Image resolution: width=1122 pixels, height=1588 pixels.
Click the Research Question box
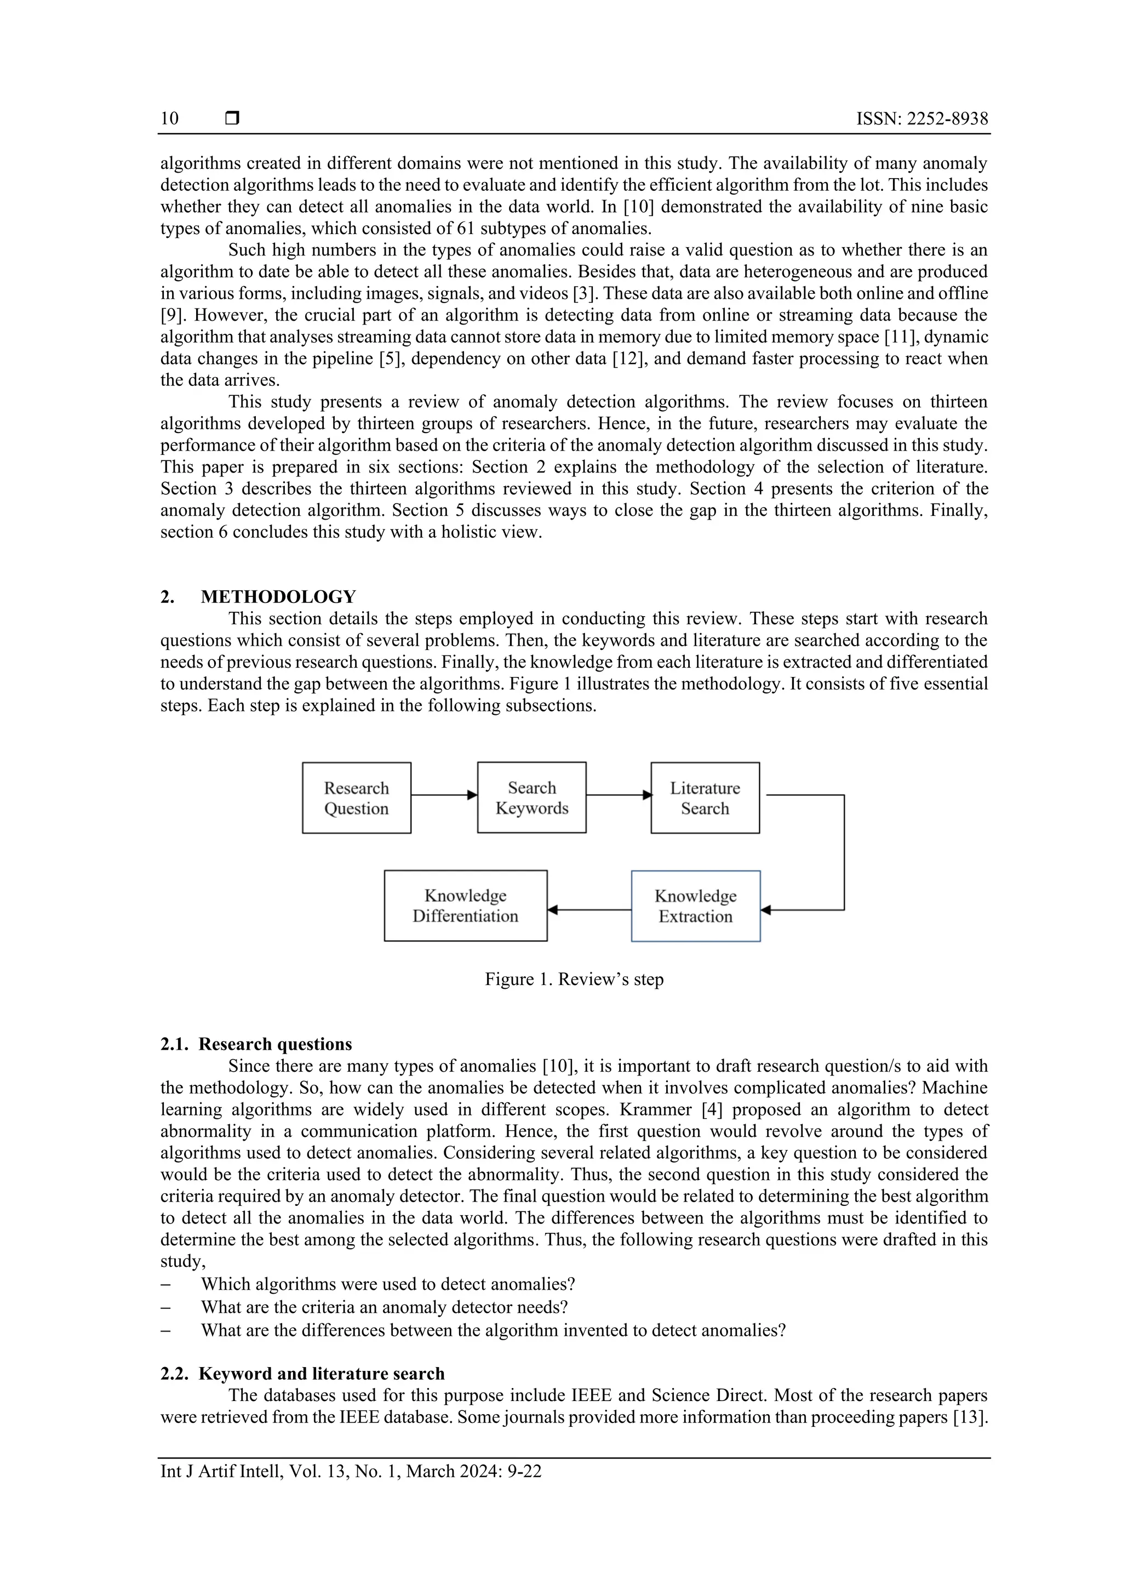pos(356,798)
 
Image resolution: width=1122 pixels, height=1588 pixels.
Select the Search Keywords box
pos(531,798)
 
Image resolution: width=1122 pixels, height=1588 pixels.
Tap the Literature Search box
pos(705,798)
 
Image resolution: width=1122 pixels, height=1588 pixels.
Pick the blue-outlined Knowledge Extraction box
pos(695,906)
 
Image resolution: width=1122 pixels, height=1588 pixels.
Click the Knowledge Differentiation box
pos(465,906)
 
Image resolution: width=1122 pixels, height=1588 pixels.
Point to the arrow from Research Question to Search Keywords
pos(444,795)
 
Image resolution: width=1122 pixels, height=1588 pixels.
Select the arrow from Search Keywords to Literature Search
pos(618,795)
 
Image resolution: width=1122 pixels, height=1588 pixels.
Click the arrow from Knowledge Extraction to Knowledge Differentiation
pos(589,910)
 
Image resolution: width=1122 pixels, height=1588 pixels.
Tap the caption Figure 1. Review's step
pos(574,980)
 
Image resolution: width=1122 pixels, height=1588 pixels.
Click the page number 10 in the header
pos(169,118)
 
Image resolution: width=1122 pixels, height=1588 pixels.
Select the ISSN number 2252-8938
pos(947,118)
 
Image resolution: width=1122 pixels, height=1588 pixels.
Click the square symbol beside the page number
pos(233,118)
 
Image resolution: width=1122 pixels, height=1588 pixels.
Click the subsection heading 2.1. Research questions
pos(256,1044)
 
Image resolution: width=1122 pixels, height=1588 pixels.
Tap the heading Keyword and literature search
pos(322,1374)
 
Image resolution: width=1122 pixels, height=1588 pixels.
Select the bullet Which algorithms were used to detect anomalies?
pos(388,1284)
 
